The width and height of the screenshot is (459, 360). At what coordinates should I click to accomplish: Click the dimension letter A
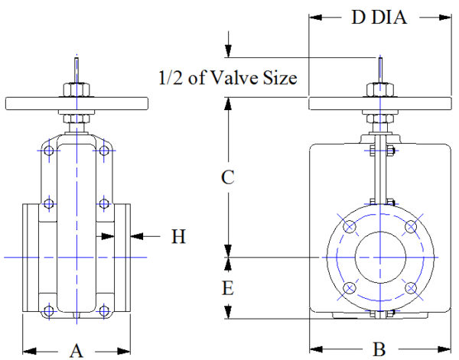pyautogui.click(x=76, y=350)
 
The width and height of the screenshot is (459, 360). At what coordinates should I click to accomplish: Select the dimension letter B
pyautogui.click(x=379, y=350)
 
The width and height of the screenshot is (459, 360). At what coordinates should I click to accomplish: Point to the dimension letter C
pyautogui.click(x=227, y=177)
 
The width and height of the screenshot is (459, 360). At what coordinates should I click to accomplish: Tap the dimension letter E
pyautogui.click(x=227, y=289)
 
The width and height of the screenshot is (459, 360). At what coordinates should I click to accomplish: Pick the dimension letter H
pyautogui.click(x=178, y=237)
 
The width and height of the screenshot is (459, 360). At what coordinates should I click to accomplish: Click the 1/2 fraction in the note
pyautogui.click(x=172, y=77)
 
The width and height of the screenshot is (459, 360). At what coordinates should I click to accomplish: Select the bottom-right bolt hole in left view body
pyautogui.click(x=103, y=310)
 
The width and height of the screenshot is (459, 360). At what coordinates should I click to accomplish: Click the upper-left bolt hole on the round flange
pyautogui.click(x=350, y=227)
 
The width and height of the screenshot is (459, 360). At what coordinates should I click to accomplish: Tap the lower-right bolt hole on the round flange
pyautogui.click(x=411, y=288)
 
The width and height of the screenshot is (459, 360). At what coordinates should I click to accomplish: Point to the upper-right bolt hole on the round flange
pyautogui.click(x=411, y=227)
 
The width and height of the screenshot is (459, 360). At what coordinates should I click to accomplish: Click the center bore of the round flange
pyautogui.click(x=380, y=258)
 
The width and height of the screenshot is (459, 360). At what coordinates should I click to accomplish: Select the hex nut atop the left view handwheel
pyautogui.click(x=76, y=89)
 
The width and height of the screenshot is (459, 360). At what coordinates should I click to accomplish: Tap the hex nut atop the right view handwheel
pyautogui.click(x=380, y=89)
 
